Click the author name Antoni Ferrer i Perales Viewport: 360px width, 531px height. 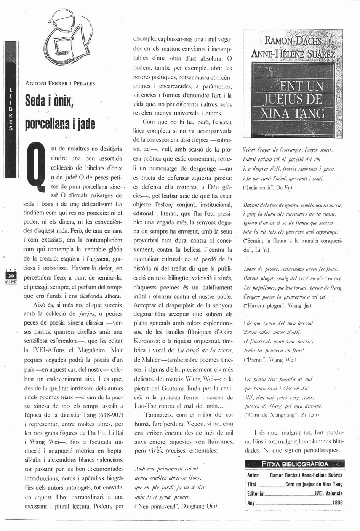click(x=60, y=83)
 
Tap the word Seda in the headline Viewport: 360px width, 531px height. click(x=35, y=101)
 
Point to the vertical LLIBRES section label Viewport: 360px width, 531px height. click(x=11, y=109)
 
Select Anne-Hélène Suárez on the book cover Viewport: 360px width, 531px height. click(x=293, y=54)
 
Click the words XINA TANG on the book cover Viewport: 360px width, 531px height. click(x=293, y=114)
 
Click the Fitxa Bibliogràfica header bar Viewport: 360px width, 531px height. click(x=294, y=464)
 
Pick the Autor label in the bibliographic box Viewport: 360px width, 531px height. click(x=253, y=475)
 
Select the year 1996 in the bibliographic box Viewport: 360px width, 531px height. click(x=337, y=502)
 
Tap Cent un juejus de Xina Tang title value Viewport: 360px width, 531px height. click(x=314, y=484)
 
